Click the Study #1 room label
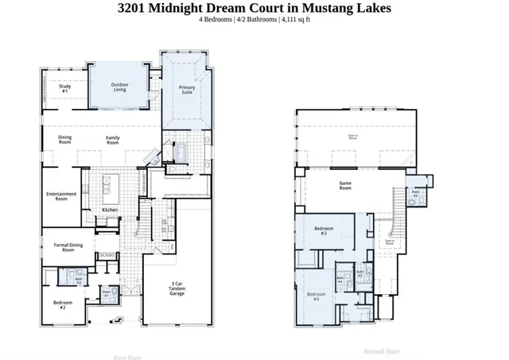[65, 89]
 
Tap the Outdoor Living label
[120, 87]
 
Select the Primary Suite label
[188, 90]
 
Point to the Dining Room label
[65, 140]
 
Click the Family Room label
[114, 140]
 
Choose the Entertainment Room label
[61, 196]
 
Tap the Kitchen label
[110, 210]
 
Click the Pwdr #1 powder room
[107, 293]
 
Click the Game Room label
[346, 185]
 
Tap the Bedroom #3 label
[324, 230]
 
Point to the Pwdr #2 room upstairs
[416, 193]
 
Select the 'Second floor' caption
[382, 350]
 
